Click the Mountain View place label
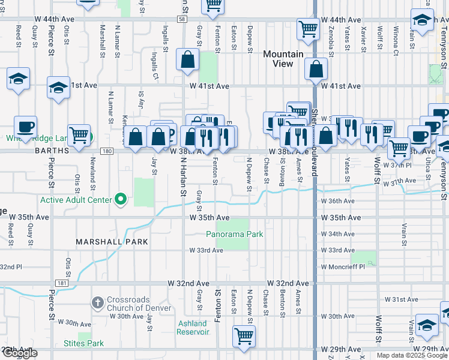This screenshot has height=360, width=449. [283, 59]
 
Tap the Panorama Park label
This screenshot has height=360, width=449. [235, 234]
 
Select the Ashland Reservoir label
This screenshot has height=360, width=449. [193, 328]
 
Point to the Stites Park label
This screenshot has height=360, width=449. [83, 344]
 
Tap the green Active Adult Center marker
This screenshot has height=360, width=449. [121, 199]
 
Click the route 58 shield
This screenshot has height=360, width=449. [181, 20]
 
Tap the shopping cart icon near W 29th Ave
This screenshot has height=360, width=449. [244, 336]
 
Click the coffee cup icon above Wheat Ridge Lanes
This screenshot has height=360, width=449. [25, 127]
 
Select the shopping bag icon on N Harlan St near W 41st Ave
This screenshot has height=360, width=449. [187, 59]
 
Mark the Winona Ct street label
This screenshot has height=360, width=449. [396, 41]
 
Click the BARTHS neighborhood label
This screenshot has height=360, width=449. [19, 151]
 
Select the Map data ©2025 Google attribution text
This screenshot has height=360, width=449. [411, 355]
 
